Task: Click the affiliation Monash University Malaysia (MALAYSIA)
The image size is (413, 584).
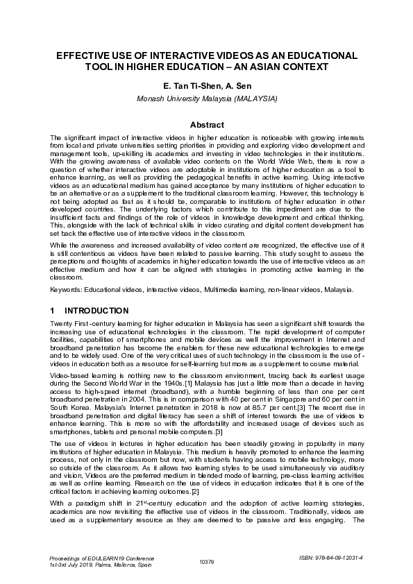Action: tap(207, 98)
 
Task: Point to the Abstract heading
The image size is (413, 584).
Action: tap(207, 125)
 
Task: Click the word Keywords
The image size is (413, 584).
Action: tap(67, 289)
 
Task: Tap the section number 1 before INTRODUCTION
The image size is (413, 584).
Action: tap(53, 311)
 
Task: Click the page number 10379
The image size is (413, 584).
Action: tap(207, 561)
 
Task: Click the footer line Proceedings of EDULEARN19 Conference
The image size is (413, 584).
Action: tap(103, 558)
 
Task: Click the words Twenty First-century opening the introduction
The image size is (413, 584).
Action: tap(81, 324)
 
